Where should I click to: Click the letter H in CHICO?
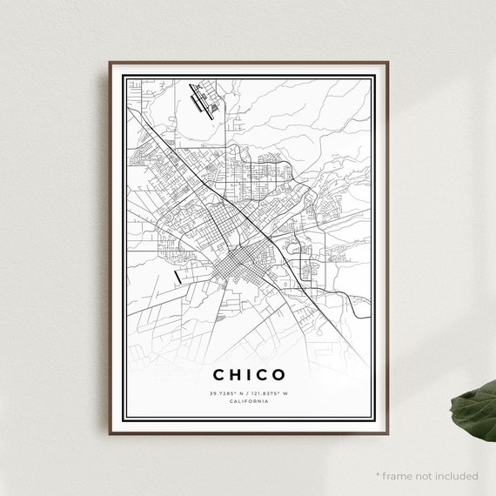pos(232,375)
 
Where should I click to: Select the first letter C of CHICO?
pos(217,375)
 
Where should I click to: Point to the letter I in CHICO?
pos(246,375)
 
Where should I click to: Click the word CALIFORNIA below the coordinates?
pos(248,402)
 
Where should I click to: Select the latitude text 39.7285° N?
pos(225,393)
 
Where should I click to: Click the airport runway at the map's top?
pos(208,100)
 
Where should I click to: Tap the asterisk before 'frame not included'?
pos(378,475)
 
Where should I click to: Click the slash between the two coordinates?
pos(248,393)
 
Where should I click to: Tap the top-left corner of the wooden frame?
pos(111,63)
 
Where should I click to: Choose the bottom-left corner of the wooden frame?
pos(111,432)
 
